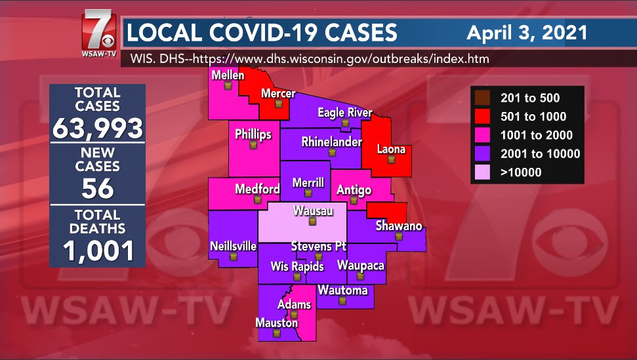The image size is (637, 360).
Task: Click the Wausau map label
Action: coord(312,210)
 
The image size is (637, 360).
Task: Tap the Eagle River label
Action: coord(344,112)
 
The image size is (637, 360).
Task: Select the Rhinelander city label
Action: coord(331,142)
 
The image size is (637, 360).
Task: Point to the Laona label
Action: coord(391,150)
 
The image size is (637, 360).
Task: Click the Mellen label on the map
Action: coord(228,75)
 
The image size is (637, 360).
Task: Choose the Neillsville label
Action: coord(233,247)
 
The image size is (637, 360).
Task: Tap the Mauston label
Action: coord(276,323)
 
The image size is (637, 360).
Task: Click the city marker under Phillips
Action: coord(253,146)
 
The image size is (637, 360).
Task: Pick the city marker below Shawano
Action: coord(398,236)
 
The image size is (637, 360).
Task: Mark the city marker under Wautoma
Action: coord(342,301)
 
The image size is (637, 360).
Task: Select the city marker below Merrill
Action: coord(308,193)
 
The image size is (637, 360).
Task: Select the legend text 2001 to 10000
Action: coord(540,154)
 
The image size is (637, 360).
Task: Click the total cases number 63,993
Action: coord(98,128)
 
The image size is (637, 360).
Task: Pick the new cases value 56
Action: coord(98,189)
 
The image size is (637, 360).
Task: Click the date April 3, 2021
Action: coord(526,32)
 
